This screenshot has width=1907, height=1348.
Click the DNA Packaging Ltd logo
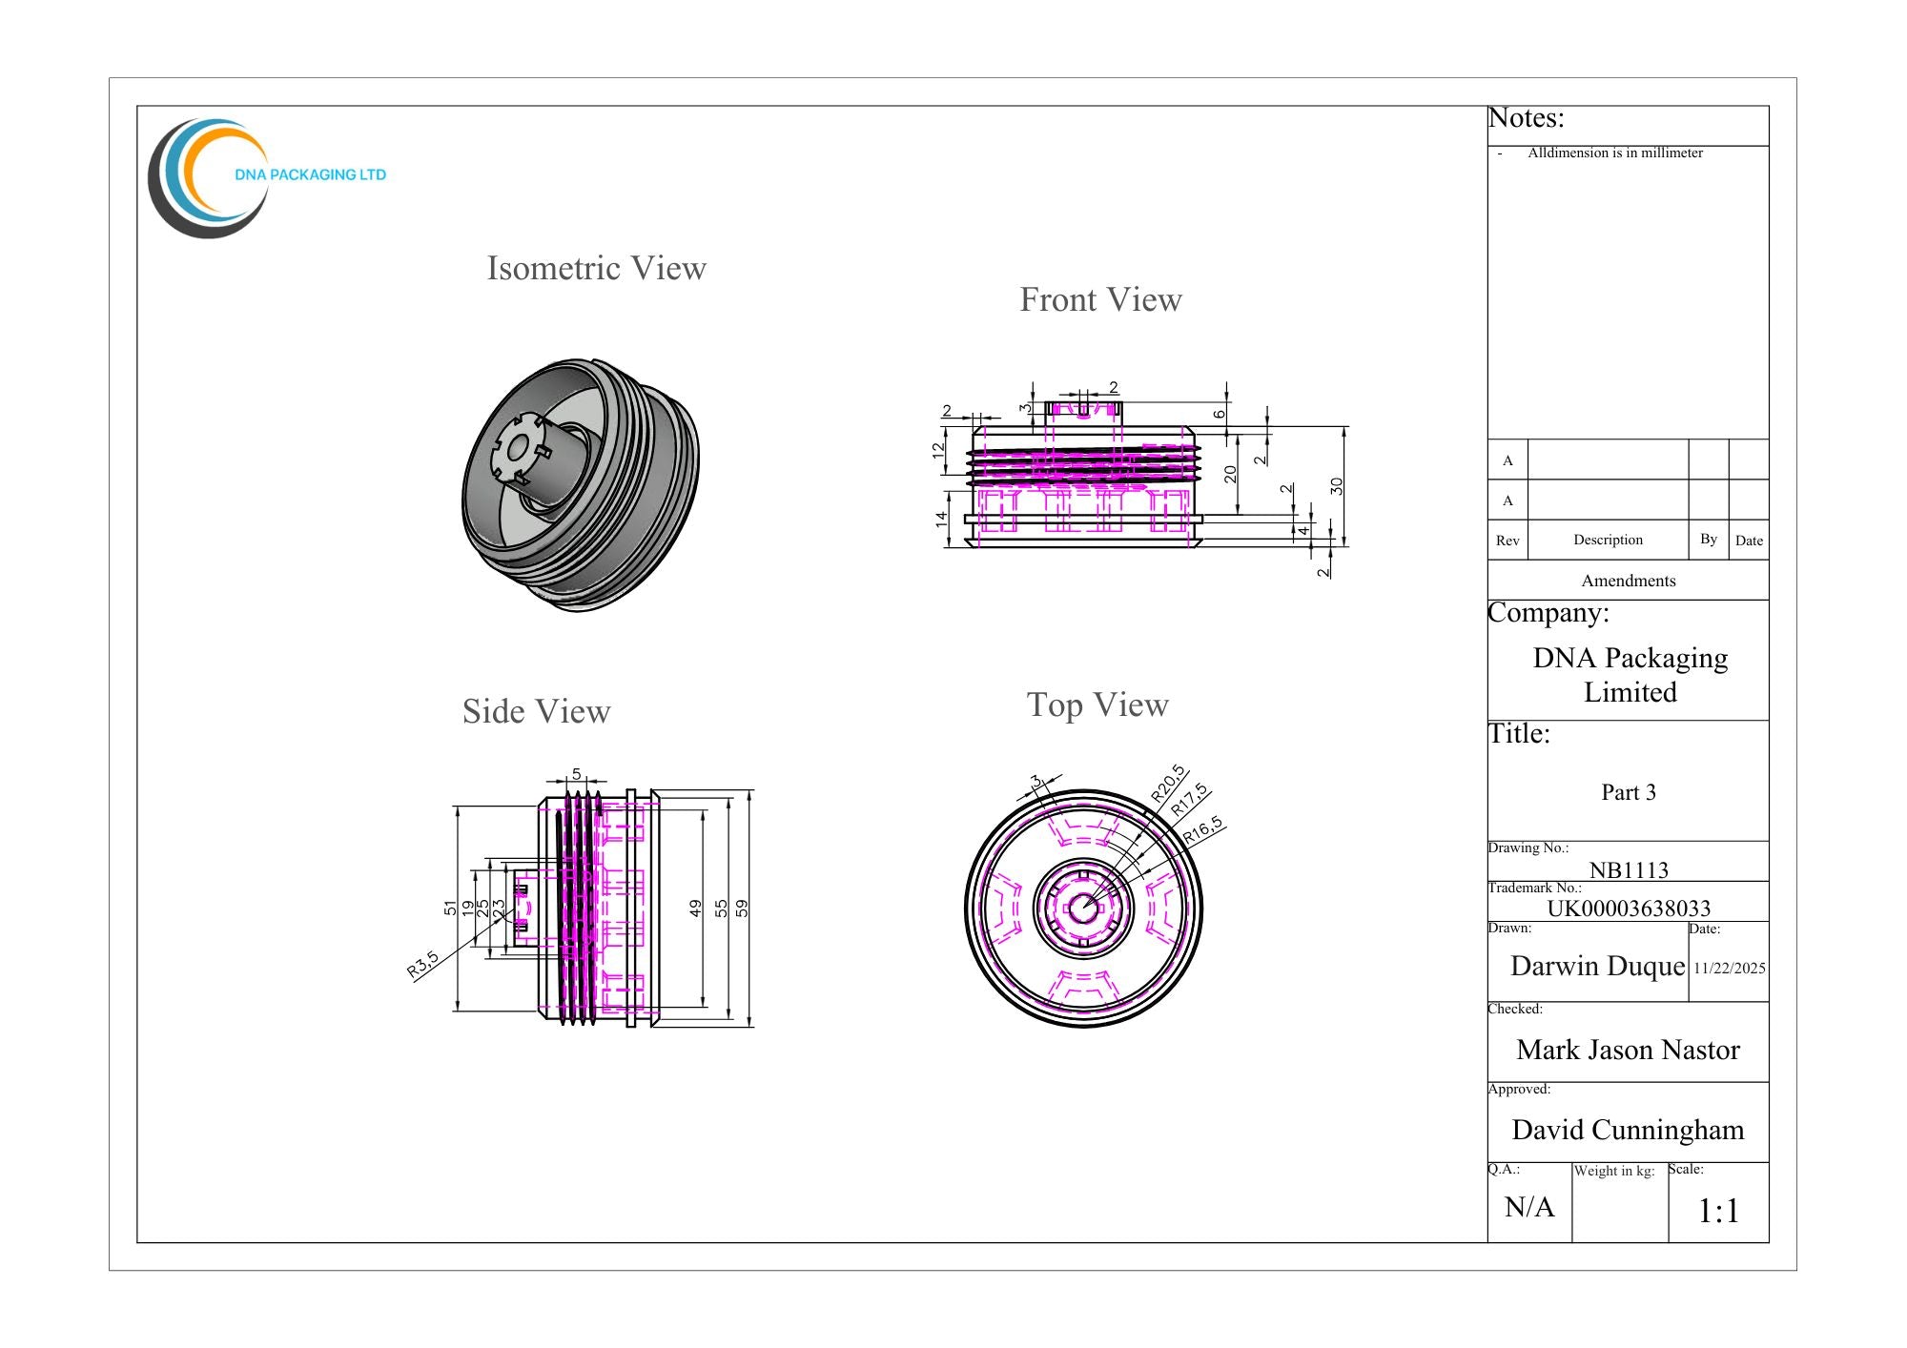(x=267, y=178)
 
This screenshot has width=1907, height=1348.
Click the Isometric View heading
(x=597, y=269)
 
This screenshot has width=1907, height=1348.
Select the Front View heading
(x=1101, y=300)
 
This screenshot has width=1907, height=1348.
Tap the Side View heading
(x=537, y=712)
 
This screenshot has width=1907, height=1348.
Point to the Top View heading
(x=1097, y=705)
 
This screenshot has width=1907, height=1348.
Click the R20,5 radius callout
(x=1168, y=783)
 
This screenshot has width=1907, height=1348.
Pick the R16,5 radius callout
(x=1203, y=830)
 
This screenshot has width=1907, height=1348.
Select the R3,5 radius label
(x=422, y=964)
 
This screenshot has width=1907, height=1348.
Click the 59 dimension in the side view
(x=742, y=909)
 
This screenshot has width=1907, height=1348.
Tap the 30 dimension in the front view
(x=1337, y=486)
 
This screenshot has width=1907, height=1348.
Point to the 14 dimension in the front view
(x=941, y=520)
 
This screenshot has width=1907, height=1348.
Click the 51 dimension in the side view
(x=450, y=909)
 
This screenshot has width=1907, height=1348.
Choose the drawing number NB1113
(x=1629, y=870)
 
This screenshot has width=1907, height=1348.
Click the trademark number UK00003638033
(x=1629, y=909)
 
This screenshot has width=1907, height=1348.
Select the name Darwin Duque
(x=1598, y=967)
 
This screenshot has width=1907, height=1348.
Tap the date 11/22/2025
(x=1730, y=969)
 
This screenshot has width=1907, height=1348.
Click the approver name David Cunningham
(x=1628, y=1131)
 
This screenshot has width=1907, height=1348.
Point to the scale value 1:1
(x=1719, y=1212)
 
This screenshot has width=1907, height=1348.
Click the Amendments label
(x=1629, y=581)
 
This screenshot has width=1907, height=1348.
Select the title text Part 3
(x=1629, y=792)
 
